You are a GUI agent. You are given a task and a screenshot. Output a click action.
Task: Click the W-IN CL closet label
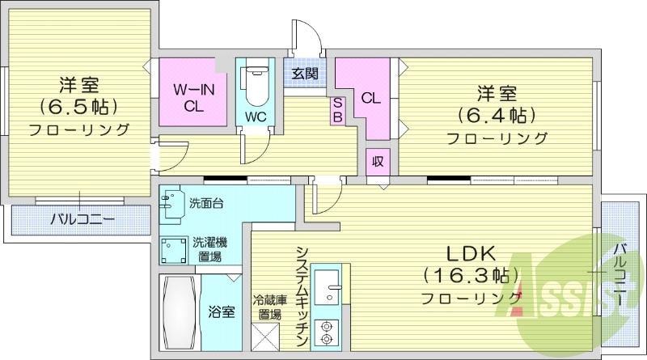click(193, 97)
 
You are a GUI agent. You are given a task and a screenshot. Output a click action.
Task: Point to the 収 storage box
click(377, 160)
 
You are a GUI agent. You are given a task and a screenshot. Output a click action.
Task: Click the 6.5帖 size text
click(78, 106)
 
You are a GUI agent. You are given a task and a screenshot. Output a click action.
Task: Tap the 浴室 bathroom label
click(222, 311)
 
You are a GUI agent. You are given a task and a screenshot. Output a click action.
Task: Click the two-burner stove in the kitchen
click(328, 332)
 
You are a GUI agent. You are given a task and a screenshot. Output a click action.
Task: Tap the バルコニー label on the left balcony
click(82, 218)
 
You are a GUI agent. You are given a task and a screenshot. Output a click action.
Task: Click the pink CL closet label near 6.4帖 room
click(370, 99)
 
